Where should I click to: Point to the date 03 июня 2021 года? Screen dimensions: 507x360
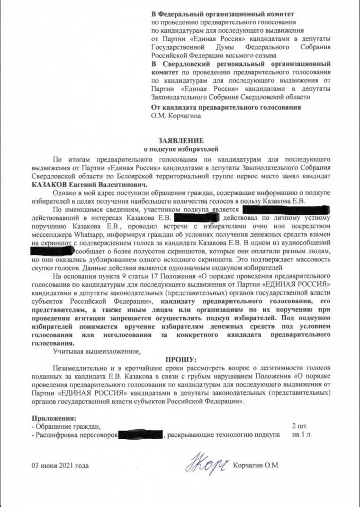pyautogui.click(x=60, y=465)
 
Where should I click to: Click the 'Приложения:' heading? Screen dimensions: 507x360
pyautogui.click(x=54, y=418)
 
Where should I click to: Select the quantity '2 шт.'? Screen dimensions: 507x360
pyautogui.click(x=301, y=426)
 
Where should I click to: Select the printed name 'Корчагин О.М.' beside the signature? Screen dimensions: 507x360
pyautogui.click(x=256, y=465)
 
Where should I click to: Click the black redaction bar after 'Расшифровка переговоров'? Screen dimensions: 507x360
pyautogui.click(x=141, y=435)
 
